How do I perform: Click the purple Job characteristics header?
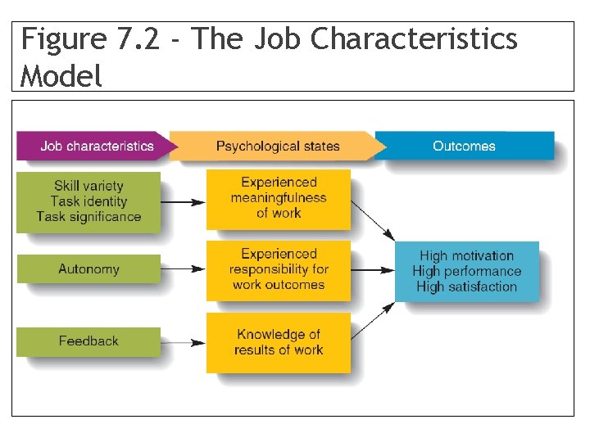pos(97,147)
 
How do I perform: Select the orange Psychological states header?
pos(277,147)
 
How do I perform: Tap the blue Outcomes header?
pos(464,147)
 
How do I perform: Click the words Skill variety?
pos(88,186)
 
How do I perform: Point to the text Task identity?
pos(88,201)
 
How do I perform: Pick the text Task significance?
pos(88,217)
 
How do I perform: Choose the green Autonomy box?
pos(88,269)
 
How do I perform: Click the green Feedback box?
pos(88,341)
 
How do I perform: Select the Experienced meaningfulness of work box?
pos(279,198)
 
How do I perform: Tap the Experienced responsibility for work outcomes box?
pos(279,269)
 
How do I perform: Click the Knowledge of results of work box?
pos(279,342)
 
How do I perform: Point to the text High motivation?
pos(466,256)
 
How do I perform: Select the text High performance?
pos(466,272)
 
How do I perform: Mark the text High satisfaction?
pos(466,287)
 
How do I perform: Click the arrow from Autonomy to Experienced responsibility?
pos(184,269)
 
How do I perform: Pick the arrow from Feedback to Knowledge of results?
pos(184,342)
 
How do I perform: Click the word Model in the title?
pos(61,76)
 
